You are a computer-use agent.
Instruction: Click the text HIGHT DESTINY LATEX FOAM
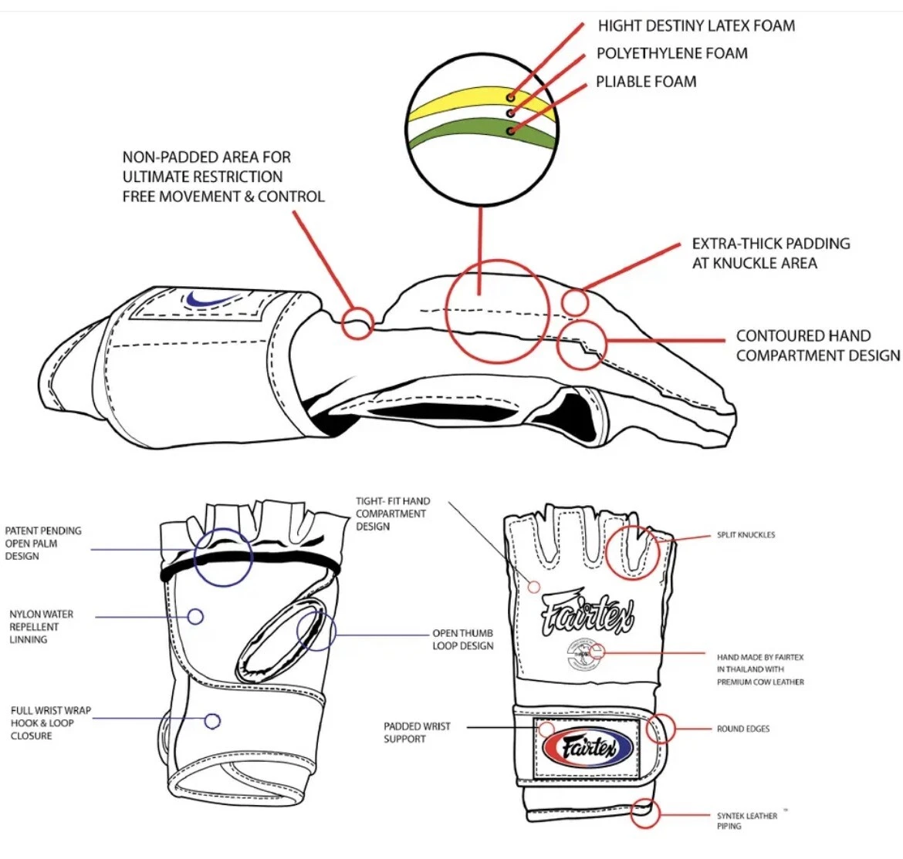coord(695,25)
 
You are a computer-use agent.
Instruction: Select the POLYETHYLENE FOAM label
coord(671,53)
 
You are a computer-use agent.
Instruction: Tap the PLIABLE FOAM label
coord(645,82)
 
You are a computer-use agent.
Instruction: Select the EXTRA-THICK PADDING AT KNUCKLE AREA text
coord(770,253)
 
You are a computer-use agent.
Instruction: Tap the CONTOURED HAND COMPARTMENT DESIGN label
coord(817,345)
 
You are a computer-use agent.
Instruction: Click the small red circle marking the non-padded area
coord(357,323)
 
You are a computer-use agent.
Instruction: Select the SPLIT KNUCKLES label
coord(746,534)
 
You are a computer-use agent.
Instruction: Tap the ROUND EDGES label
coord(742,729)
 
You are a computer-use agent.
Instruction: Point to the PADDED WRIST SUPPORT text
coord(417,733)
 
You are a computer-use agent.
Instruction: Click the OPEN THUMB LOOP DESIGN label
coord(462,639)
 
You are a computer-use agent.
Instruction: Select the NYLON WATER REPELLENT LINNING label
coord(41,626)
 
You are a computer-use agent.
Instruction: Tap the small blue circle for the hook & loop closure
coord(212,722)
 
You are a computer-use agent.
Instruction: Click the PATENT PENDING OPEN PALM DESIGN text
coord(42,543)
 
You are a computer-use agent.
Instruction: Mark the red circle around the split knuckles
coord(631,553)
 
